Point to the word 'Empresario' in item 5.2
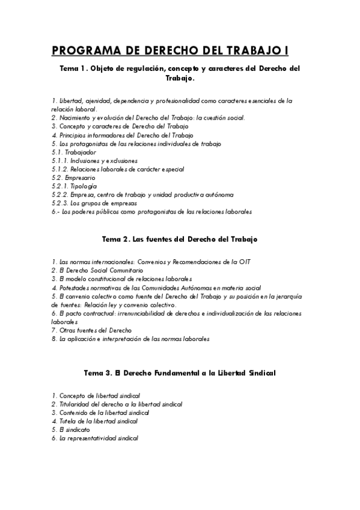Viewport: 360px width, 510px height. coord(81,178)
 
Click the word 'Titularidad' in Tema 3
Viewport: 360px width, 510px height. coord(75,404)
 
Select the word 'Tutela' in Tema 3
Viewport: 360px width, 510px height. coord(68,421)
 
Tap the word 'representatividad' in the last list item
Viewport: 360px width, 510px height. coord(107,438)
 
